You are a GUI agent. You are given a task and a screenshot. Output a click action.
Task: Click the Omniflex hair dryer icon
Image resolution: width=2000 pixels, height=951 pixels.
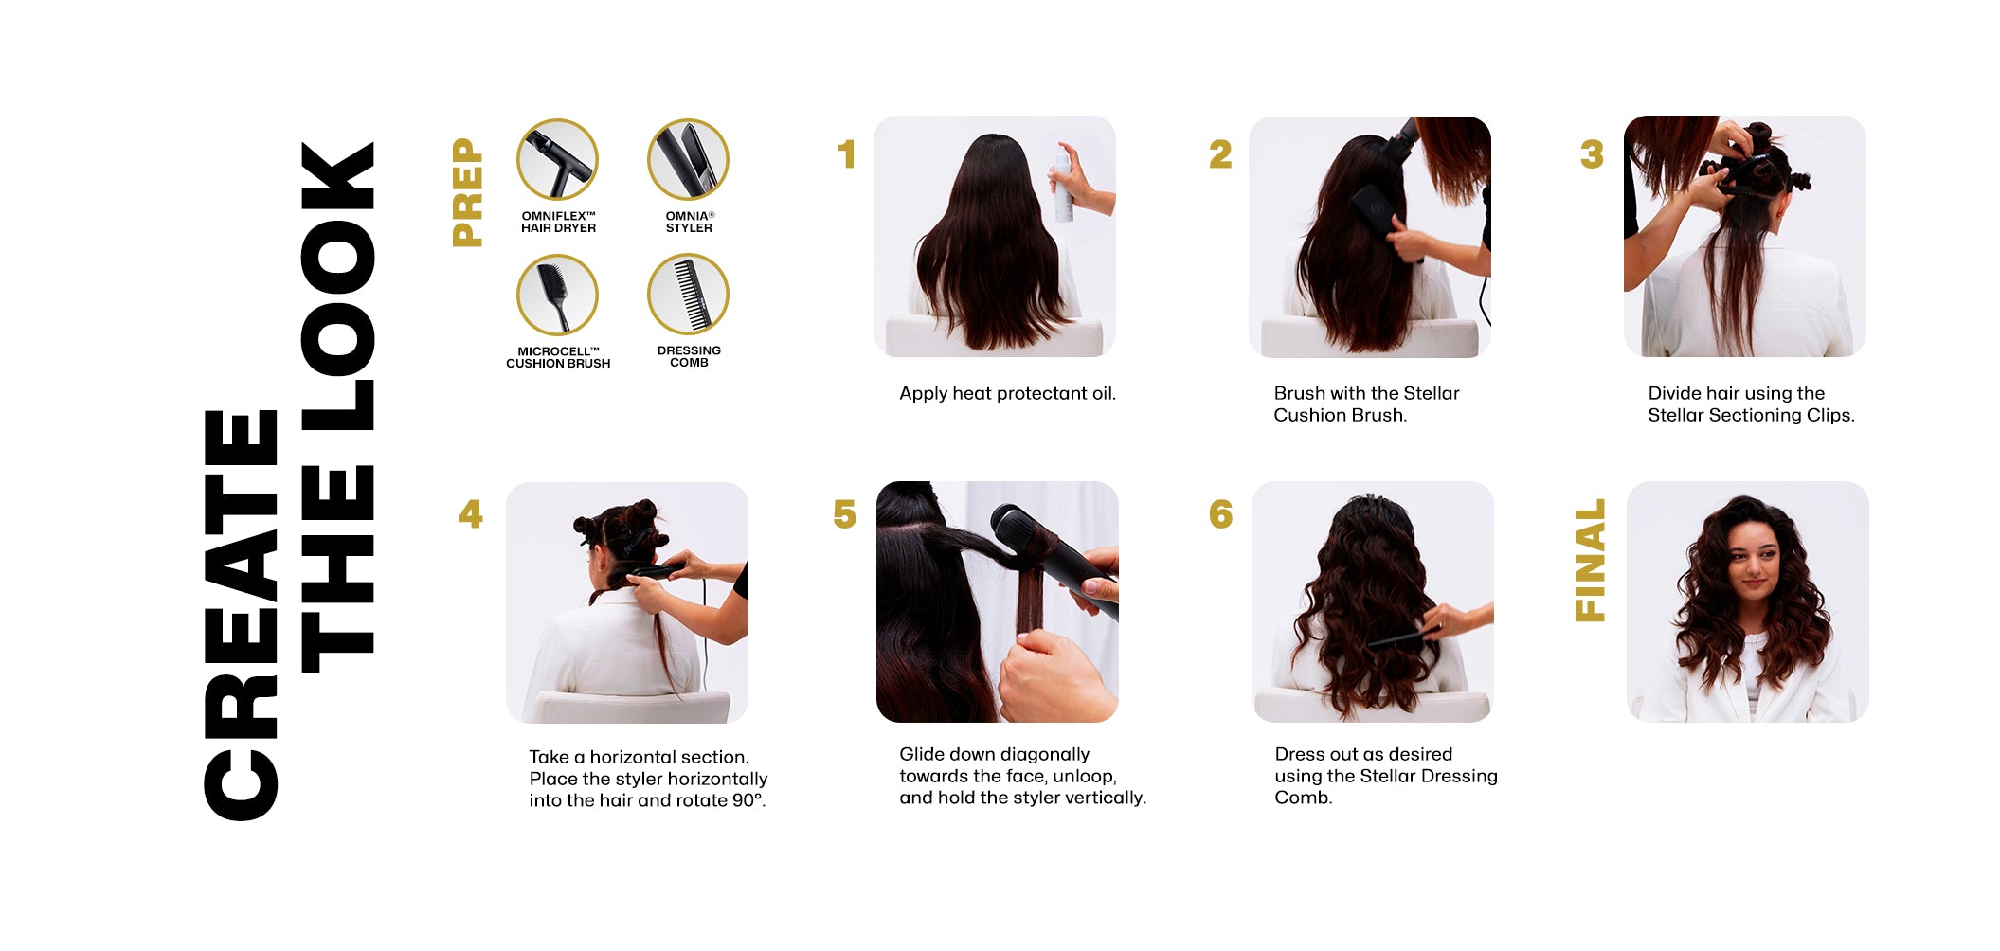557,159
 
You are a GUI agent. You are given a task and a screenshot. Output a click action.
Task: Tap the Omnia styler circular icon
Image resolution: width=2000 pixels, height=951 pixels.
688,159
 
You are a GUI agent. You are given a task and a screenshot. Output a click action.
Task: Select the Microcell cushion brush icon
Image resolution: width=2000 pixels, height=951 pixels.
557,295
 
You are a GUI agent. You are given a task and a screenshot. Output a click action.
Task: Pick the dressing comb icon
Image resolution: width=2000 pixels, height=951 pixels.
688,294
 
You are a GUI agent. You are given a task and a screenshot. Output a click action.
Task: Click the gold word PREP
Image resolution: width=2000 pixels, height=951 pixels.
468,192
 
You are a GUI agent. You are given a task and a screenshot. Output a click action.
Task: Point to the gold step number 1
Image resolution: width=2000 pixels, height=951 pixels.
847,154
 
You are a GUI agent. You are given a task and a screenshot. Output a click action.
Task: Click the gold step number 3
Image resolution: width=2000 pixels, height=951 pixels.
1592,154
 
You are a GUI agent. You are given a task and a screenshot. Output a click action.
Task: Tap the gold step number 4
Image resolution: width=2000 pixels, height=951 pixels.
471,514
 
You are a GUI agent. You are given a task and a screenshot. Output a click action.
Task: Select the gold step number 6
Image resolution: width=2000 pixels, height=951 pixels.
1221,514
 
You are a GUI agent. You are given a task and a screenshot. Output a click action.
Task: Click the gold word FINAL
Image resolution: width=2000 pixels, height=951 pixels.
1590,560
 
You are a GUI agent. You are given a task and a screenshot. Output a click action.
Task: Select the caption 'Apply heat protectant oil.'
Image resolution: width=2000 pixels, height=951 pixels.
1007,393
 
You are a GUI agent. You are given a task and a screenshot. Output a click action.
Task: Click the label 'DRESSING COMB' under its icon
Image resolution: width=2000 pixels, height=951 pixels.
689,356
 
